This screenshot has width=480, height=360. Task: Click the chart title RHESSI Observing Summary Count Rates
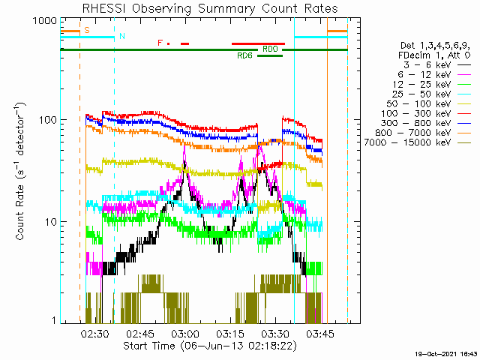(210, 8)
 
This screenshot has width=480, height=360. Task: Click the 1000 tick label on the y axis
(45, 21)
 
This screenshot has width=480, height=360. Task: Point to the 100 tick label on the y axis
(48, 120)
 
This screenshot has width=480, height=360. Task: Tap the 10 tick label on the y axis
(51, 222)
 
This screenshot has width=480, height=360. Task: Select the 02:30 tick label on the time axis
(95, 334)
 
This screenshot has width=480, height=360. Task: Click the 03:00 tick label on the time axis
(185, 334)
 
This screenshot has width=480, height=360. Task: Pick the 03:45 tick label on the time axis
(320, 334)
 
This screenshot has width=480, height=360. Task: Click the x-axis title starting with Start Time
(210, 346)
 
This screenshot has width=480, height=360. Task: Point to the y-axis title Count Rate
(20, 172)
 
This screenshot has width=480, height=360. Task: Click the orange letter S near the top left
(87, 30)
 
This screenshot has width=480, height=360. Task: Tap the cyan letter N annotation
(122, 36)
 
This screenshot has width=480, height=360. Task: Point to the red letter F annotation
(160, 43)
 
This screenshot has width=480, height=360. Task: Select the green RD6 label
(245, 55)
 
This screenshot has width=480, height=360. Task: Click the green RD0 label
(270, 49)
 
